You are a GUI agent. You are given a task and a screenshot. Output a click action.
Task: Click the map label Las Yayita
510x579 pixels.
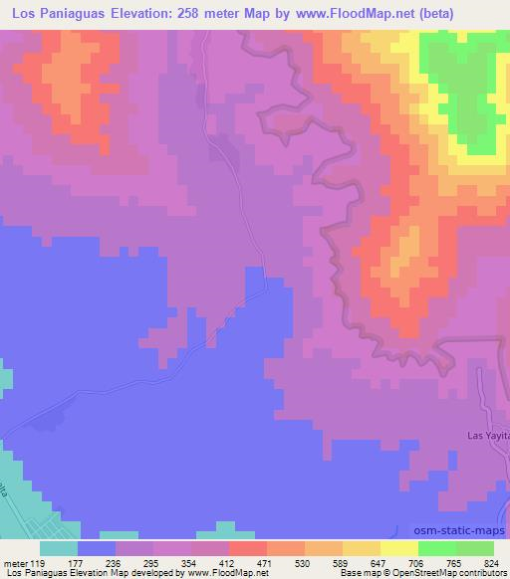489,436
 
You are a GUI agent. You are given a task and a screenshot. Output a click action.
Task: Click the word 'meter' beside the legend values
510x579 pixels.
15,562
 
